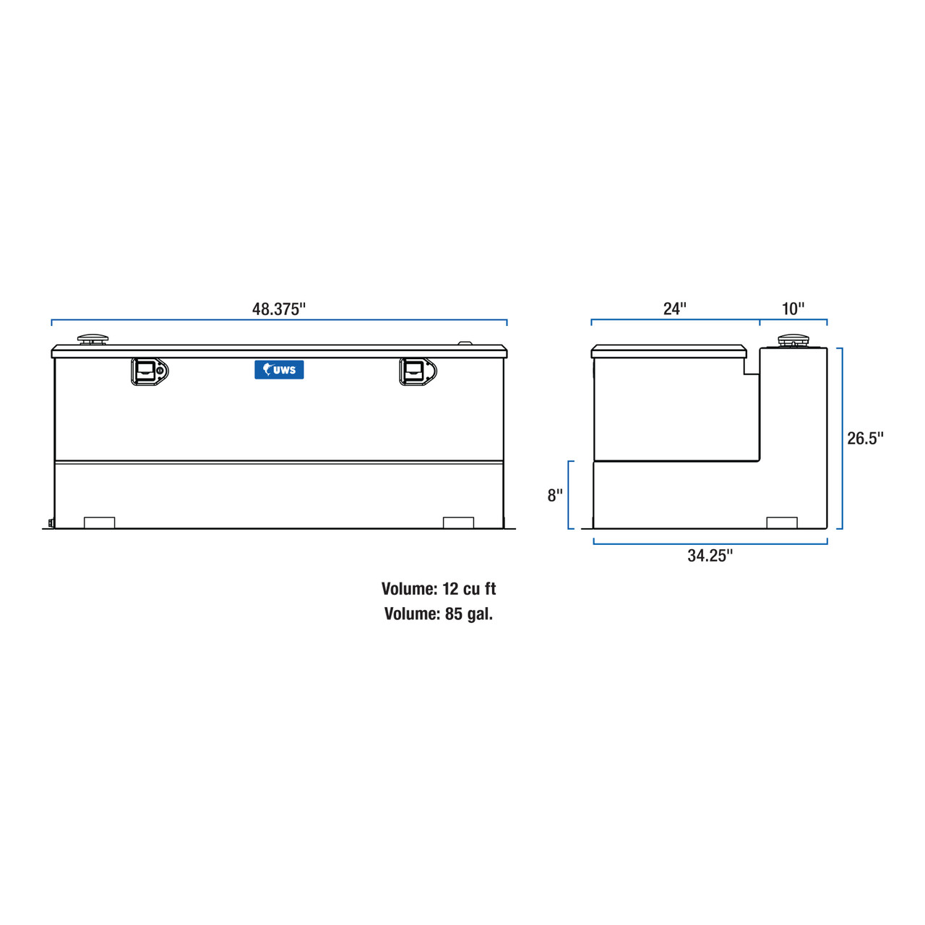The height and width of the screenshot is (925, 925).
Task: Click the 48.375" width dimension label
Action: tap(279, 309)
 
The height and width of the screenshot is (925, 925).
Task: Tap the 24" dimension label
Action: tap(674, 309)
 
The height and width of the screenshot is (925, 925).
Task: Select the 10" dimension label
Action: tap(793, 309)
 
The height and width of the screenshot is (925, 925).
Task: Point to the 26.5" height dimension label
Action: tap(865, 439)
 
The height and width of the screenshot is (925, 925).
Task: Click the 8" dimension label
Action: tap(555, 496)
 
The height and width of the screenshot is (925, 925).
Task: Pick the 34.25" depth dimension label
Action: tap(710, 556)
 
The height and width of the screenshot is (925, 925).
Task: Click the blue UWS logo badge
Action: tap(279, 370)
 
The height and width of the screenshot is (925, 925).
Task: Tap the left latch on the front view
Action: tap(149, 371)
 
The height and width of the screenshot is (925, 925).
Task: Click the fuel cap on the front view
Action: tap(92, 340)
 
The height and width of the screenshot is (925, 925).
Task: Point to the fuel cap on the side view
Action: tap(793, 340)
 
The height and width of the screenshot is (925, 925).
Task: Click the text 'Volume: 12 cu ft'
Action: tap(439, 589)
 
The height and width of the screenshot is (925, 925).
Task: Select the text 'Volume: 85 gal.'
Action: tap(439, 614)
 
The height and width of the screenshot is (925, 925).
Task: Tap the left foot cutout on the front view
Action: tap(100, 522)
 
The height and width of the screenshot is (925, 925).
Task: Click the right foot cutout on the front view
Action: tap(458, 522)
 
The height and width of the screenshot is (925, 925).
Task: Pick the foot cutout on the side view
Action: tap(781, 522)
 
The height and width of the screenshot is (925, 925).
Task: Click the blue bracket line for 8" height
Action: tap(570, 495)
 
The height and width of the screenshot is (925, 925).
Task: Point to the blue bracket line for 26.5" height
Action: tap(841, 439)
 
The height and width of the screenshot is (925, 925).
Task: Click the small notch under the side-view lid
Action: tap(752, 366)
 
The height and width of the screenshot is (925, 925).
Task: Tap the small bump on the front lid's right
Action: tap(465, 344)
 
